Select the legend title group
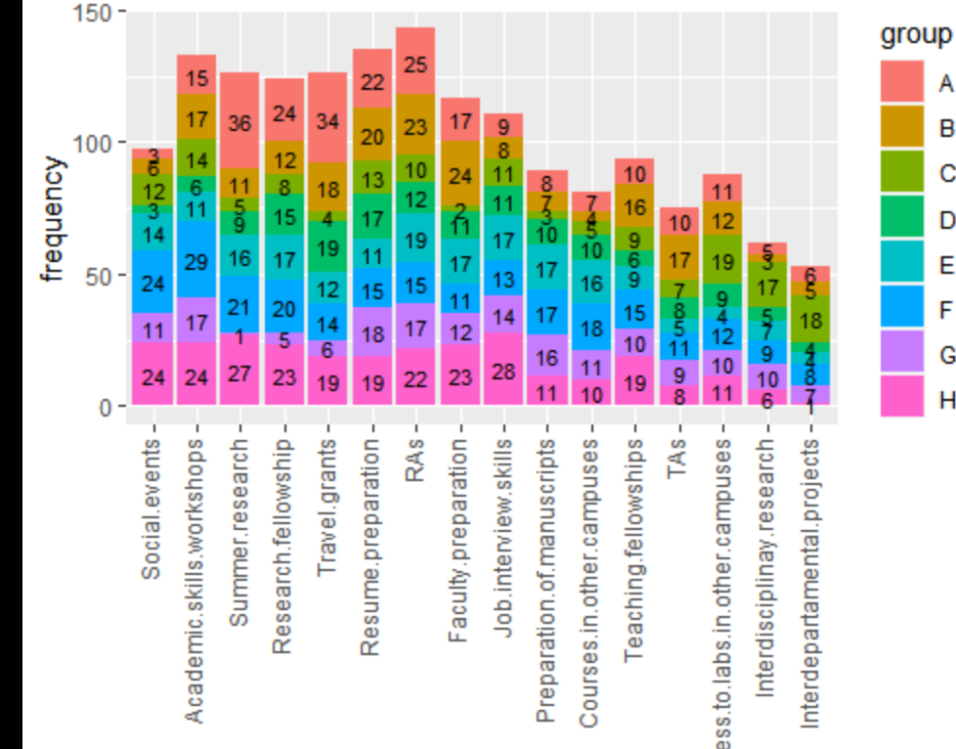915,35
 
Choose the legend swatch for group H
901,401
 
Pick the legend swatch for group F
901,309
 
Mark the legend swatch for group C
901,171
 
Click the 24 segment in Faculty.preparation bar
459,176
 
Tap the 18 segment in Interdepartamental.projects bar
810,319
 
